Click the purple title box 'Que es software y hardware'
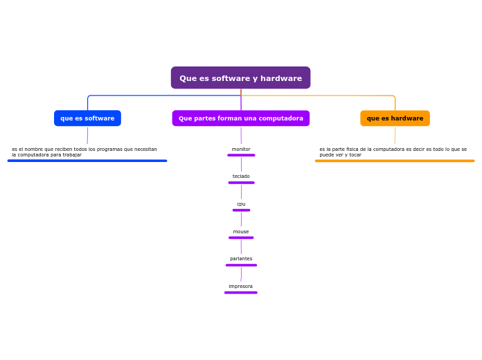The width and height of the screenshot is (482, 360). click(240, 78)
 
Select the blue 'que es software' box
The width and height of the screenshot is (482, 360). click(87, 118)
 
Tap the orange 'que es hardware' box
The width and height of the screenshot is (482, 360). click(395, 118)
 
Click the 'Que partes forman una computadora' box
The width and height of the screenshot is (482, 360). click(240, 118)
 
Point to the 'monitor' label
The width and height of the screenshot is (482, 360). click(241, 150)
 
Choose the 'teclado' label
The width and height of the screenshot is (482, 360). click(241, 177)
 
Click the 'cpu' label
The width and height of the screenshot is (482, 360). click(241, 204)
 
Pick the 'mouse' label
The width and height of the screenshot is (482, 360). click(241, 232)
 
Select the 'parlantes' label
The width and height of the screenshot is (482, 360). click(241, 259)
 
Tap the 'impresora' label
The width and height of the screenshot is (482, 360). click(241, 287)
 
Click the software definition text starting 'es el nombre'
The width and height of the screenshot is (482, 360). click(84, 152)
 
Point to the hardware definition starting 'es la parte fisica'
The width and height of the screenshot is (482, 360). click(393, 152)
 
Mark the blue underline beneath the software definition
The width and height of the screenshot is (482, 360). click(87, 161)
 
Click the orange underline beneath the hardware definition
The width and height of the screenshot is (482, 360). click(395, 161)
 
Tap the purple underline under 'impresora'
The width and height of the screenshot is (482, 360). click(241, 293)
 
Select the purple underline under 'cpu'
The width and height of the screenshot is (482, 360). click(241, 210)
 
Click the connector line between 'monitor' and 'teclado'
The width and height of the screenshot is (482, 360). click(241, 165)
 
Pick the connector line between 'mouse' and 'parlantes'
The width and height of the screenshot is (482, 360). click(241, 247)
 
